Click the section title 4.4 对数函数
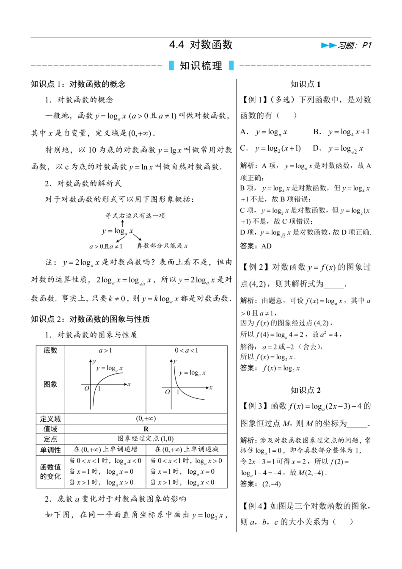coord(201,45)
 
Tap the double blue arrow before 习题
coord(328,45)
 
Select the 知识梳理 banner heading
coord(201,66)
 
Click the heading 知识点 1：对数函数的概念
coord(78,84)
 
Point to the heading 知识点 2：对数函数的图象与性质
coord(90,319)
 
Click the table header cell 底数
coord(50,350)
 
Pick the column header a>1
coord(105,350)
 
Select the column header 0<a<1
coord(187,350)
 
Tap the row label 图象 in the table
coord(50,384)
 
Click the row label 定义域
coord(50,419)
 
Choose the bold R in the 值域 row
coord(146,429)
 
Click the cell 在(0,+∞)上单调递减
coord(187,449)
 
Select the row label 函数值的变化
coord(50,471)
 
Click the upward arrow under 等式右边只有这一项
coord(123,223)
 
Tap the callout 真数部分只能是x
coord(162,246)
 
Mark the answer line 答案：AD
coord(256,246)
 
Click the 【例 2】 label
coord(255,267)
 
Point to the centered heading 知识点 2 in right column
coord(306,390)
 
